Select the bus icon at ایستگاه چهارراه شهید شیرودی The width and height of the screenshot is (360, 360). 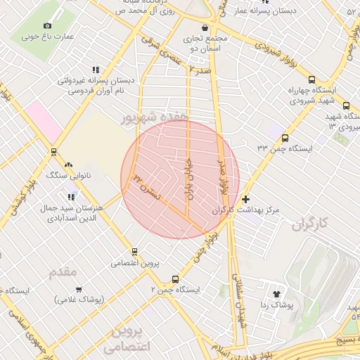(x=311, y=80)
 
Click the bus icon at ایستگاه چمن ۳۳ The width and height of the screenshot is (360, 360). (x=285, y=138)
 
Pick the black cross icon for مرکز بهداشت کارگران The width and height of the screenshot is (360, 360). (x=245, y=200)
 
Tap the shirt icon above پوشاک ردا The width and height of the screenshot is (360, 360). (x=275, y=294)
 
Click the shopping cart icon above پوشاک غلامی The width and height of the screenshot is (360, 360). (x=78, y=289)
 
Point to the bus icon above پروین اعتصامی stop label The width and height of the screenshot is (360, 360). (x=134, y=252)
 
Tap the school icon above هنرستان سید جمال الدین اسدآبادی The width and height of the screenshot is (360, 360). (x=70, y=196)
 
